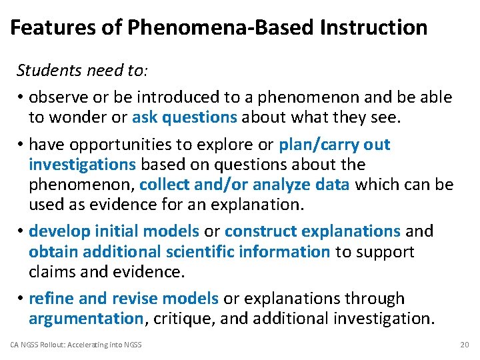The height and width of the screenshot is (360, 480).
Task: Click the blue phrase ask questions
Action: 185,117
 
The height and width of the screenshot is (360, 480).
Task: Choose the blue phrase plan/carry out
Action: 334,145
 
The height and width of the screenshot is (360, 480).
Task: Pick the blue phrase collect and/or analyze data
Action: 245,184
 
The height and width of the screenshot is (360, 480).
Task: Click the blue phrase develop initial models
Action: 114,231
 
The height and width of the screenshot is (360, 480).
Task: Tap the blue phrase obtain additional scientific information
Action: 179,251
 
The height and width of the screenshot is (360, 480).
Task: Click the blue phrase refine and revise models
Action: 123,299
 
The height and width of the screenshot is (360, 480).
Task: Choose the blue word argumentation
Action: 86,319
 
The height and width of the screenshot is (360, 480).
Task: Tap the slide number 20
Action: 464,345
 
